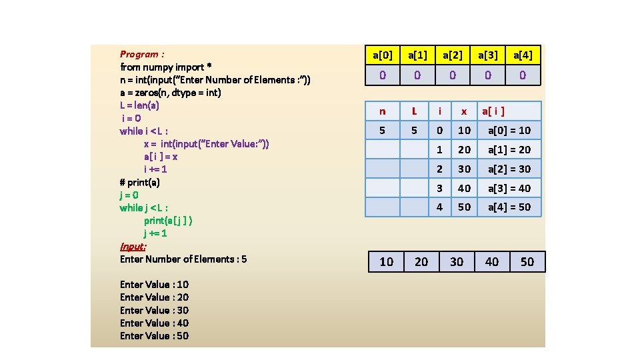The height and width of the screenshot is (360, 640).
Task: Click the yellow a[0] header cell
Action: [x=383, y=55]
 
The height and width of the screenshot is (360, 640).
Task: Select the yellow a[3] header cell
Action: [x=487, y=55]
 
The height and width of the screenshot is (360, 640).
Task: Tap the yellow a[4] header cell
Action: [x=523, y=55]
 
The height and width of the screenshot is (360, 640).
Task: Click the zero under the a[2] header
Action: [x=453, y=75]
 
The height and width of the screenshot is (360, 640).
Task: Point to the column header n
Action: [x=382, y=111]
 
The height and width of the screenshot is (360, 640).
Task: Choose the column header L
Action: [x=414, y=111]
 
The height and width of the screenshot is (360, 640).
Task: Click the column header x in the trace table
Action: [x=464, y=111]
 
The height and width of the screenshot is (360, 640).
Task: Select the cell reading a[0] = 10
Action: [x=509, y=130]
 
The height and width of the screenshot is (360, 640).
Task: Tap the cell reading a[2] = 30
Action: [x=509, y=169]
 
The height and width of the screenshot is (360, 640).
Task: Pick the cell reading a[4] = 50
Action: [x=509, y=207]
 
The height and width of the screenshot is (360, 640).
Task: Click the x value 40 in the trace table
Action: [x=464, y=188]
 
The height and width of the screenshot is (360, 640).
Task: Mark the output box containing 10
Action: [x=386, y=262]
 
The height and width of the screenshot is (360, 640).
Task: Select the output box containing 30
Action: [x=457, y=262]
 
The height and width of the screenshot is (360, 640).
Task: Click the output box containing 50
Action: [x=527, y=262]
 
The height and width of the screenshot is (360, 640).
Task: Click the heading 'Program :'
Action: [x=142, y=54]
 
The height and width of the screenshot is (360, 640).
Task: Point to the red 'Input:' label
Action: [x=133, y=246]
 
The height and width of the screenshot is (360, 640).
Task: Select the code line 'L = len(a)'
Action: [x=139, y=105]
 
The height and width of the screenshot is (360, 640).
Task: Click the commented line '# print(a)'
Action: [x=139, y=182]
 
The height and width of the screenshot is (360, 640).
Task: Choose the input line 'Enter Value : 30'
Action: [x=154, y=310]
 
